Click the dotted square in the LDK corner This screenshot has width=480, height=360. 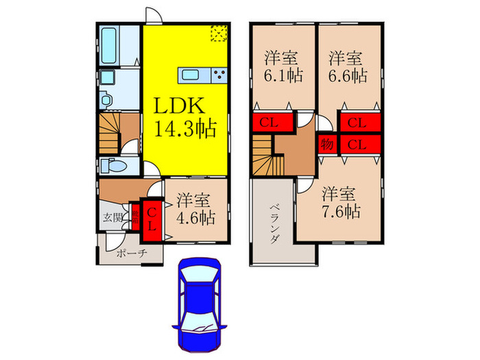pos(219,34)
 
